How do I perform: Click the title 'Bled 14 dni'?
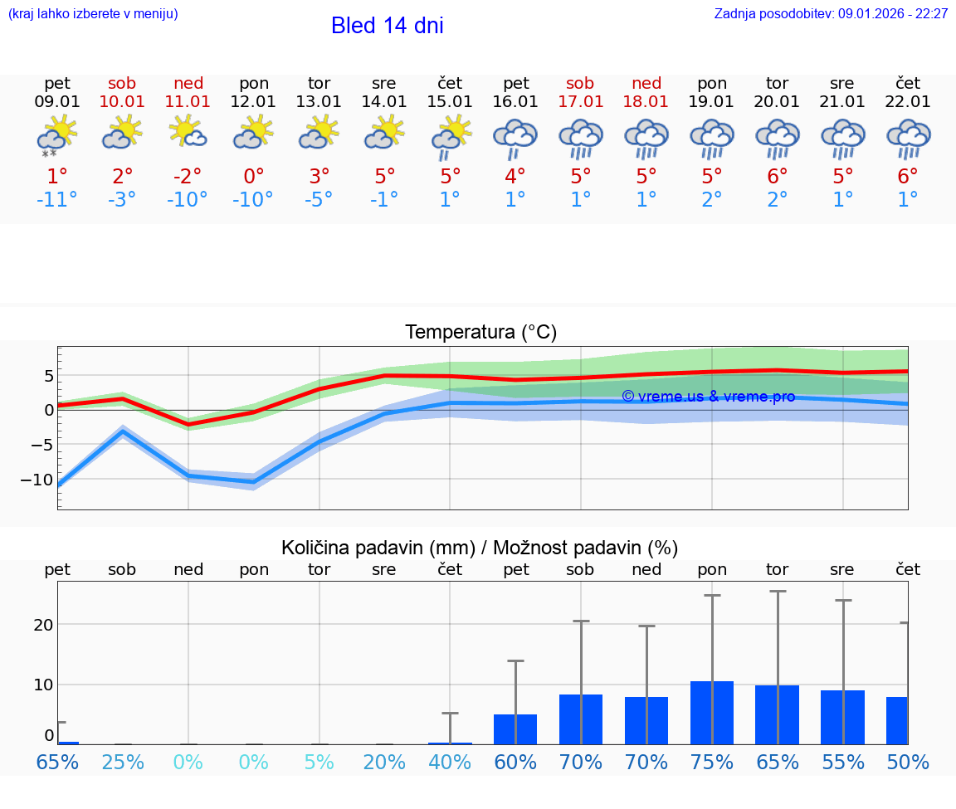pos(387,26)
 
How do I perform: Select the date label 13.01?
pos(319,102)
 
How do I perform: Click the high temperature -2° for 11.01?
pos(188,176)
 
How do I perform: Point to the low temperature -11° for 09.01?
pos(56,200)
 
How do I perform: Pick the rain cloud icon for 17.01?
pos(580,138)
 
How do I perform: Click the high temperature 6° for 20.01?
pos(777,176)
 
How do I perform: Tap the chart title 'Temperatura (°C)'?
pos(480,333)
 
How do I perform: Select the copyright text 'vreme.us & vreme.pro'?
pos(708,397)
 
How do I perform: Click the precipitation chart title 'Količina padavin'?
pos(480,548)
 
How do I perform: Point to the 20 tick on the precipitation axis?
pos(43,625)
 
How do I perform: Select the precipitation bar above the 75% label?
pos(712,713)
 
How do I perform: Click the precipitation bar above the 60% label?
pos(515,729)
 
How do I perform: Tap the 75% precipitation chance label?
pos(712,763)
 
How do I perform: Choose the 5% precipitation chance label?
pos(319,763)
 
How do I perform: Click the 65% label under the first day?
pos(56,763)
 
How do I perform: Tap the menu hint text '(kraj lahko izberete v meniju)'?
pos(92,14)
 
